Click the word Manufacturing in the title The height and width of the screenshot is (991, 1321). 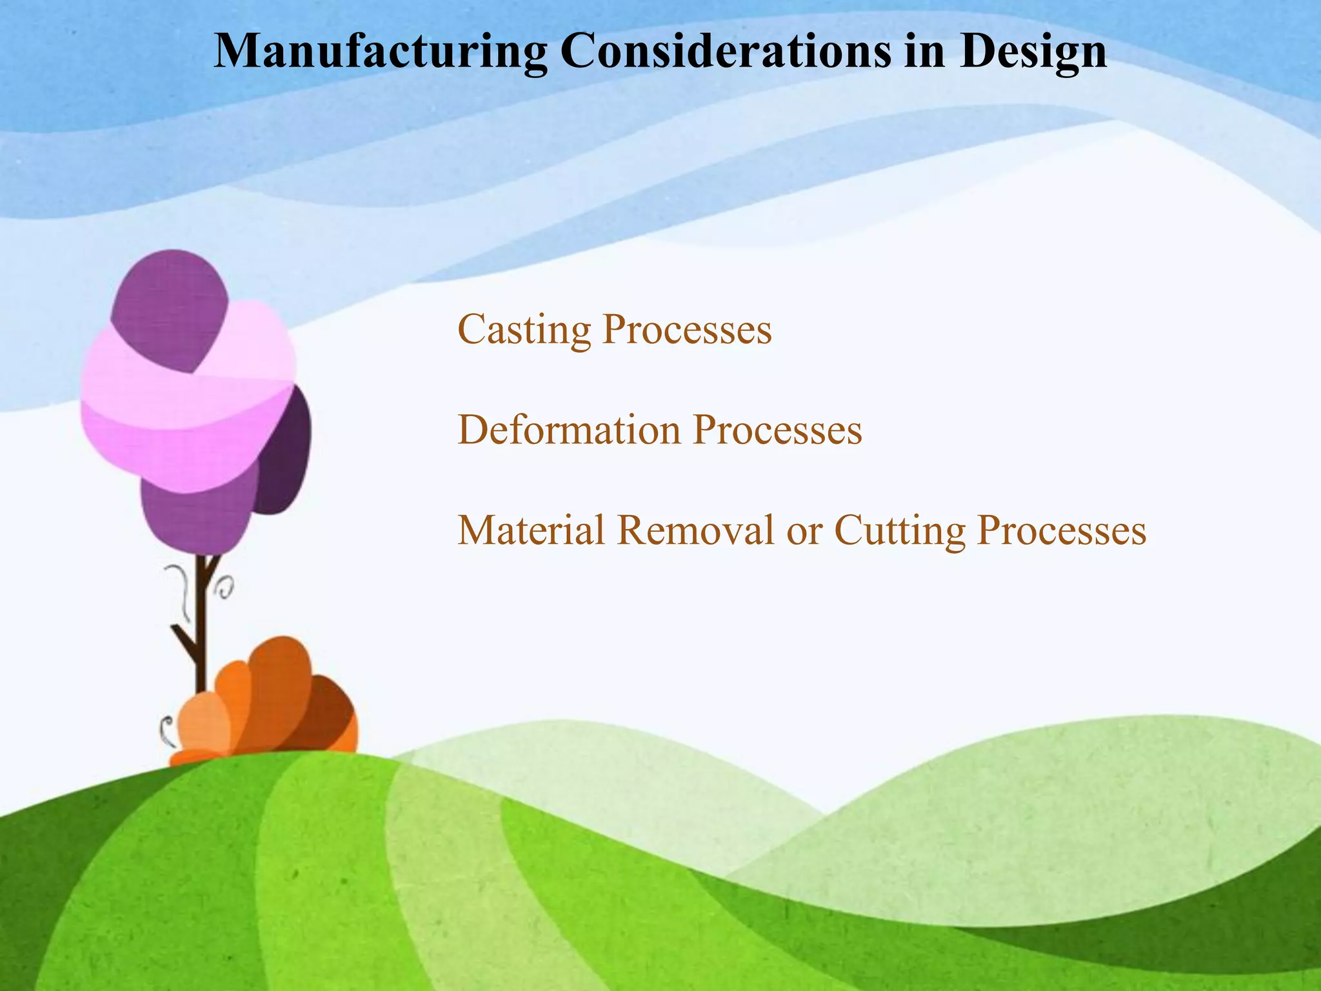(x=381, y=52)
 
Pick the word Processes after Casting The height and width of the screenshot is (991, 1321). (x=686, y=330)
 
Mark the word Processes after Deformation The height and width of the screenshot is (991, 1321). (x=777, y=430)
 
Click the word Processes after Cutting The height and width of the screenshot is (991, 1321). (x=1061, y=530)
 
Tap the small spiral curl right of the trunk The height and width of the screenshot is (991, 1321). (x=226, y=587)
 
